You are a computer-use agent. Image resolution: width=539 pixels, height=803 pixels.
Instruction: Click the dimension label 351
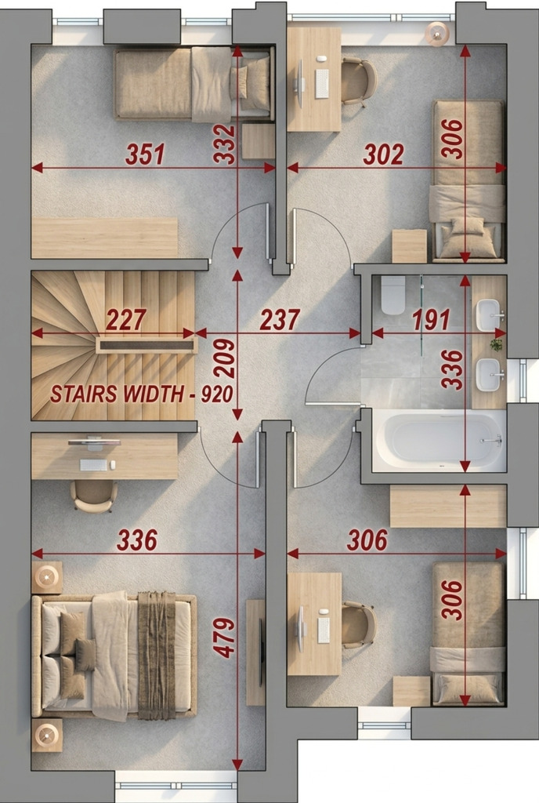(146, 154)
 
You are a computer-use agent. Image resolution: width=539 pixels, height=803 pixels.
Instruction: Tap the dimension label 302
(384, 154)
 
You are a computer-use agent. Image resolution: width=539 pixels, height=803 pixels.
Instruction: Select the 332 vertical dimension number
(224, 144)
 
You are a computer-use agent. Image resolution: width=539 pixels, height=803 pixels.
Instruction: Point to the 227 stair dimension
(126, 320)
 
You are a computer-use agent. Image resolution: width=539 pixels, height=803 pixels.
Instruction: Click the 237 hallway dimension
(280, 320)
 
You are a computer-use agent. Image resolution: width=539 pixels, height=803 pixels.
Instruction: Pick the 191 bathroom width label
(431, 320)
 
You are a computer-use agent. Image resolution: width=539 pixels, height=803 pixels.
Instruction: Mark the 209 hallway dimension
(224, 358)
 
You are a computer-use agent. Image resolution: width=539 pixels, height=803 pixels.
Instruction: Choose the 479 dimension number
(224, 638)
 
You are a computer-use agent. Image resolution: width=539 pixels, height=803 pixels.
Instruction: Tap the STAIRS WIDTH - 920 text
(142, 394)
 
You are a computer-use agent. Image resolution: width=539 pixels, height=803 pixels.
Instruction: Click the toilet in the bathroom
(392, 296)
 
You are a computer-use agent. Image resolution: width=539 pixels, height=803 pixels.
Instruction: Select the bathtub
(439, 441)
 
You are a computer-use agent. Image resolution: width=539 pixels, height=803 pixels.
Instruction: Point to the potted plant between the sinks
(496, 345)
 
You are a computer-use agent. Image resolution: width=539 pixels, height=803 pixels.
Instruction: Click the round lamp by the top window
(437, 35)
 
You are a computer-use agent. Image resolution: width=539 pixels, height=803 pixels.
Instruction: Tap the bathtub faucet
(492, 440)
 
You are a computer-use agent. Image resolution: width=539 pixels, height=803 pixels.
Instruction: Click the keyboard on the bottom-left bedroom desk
(93, 465)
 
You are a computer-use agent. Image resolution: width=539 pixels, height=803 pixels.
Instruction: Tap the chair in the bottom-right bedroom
(359, 625)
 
